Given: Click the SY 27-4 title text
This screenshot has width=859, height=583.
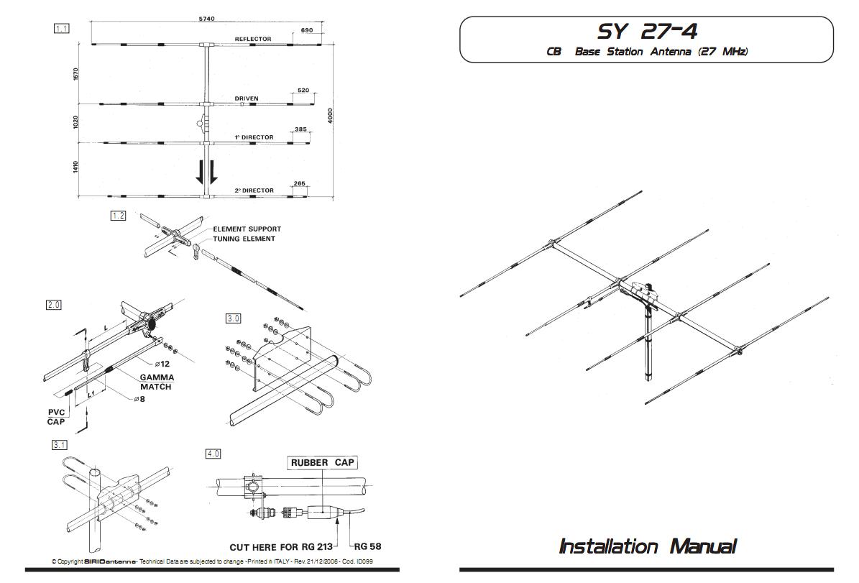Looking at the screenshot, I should pyautogui.click(x=647, y=31).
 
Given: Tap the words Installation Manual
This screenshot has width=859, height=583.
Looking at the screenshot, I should pyautogui.click(x=647, y=546).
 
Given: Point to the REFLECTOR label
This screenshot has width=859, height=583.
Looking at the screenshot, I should pyautogui.click(x=253, y=39).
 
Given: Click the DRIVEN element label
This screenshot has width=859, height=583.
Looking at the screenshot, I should pyautogui.click(x=247, y=98).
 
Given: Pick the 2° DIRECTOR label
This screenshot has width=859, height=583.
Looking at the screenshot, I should pyautogui.click(x=254, y=190).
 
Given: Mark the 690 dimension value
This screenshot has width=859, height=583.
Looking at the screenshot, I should pyautogui.click(x=306, y=31).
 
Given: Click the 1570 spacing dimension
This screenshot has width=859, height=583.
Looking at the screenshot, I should pyautogui.click(x=75, y=73).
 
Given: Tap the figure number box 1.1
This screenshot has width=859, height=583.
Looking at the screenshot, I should pyautogui.click(x=61, y=29).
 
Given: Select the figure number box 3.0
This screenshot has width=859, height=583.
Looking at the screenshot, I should pyautogui.click(x=234, y=318).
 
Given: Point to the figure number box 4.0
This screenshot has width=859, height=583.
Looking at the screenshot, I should pyautogui.click(x=213, y=454).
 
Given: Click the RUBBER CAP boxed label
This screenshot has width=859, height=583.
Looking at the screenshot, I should pyautogui.click(x=323, y=462).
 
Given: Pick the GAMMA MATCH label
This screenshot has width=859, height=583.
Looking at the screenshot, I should pyautogui.click(x=156, y=382).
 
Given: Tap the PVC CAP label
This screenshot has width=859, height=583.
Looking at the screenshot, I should pyautogui.click(x=56, y=417).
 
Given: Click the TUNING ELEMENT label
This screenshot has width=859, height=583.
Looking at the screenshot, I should pyautogui.click(x=244, y=239).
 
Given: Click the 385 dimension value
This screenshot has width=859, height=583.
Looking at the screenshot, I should pyautogui.click(x=300, y=129).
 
